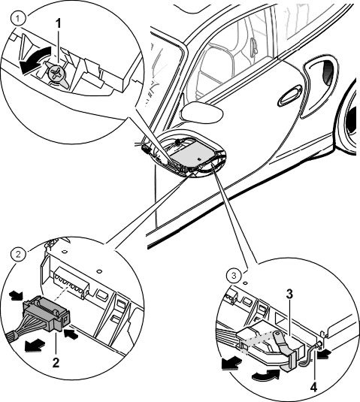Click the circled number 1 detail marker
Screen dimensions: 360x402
tap(17, 19)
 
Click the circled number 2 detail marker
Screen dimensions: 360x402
tap(18, 255)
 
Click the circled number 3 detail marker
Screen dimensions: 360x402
tap(234, 276)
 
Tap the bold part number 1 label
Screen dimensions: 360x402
tap(59, 24)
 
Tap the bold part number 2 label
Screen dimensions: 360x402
tap(56, 362)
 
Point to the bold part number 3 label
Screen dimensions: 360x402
tap(289, 295)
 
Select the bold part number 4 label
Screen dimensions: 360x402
tap(314, 388)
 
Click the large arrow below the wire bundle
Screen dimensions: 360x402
tap(35, 346)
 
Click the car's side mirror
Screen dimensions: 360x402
tap(201, 112)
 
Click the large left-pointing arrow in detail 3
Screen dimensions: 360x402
tap(231, 364)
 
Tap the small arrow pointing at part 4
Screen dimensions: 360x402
tap(324, 354)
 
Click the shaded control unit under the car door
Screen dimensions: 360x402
tap(191, 156)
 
